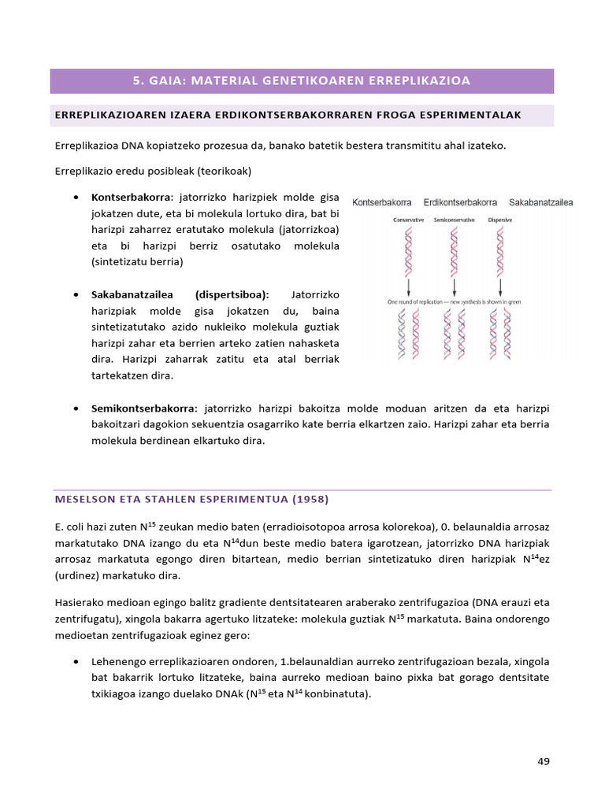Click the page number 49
point(543,761)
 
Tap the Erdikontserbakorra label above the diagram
point(460,202)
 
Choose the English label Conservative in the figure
point(409,220)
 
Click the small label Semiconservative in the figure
point(454,220)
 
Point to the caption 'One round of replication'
point(425,301)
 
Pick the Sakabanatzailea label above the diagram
point(540,202)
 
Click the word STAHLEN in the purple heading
point(169,500)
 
